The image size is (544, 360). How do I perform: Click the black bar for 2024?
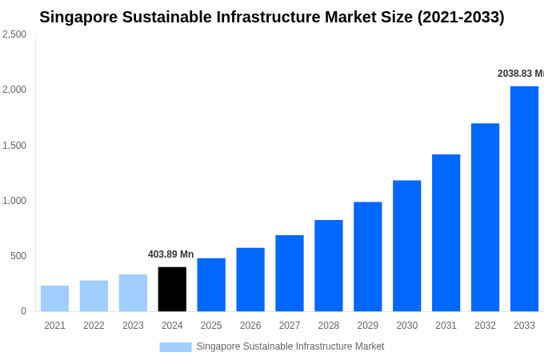click(172, 289)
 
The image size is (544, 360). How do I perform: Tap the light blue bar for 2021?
click(54, 298)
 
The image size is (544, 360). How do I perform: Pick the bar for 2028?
click(328, 266)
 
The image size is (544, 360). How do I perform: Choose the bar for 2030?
click(406, 246)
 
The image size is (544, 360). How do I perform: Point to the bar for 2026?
click(250, 279)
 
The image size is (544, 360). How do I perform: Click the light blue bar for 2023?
click(133, 293)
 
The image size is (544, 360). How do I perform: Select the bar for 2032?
click(485, 217)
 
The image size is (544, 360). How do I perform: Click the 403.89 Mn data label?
click(170, 254)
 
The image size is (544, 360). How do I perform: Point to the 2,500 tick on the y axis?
click(14, 34)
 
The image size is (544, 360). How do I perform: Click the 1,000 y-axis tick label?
click(14, 201)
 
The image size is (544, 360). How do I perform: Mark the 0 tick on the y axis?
click(23, 311)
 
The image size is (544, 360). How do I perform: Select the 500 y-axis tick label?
click(18, 256)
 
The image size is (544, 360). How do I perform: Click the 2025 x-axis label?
click(211, 326)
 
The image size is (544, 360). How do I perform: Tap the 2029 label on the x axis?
click(367, 326)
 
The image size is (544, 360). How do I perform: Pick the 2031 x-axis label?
click(446, 326)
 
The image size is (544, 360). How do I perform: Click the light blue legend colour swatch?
click(175, 346)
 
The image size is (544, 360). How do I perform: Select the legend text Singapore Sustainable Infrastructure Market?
click(290, 346)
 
